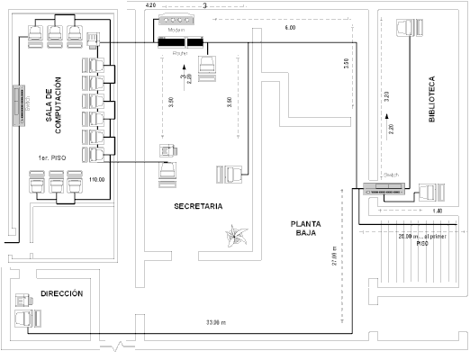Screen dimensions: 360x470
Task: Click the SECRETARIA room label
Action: (x=198, y=206)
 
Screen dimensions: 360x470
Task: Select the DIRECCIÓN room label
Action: (x=62, y=294)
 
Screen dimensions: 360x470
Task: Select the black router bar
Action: (x=178, y=41)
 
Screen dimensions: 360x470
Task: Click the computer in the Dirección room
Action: (x=22, y=310)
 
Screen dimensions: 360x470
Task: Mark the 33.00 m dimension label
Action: (x=216, y=322)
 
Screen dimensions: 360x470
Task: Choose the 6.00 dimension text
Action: (x=290, y=29)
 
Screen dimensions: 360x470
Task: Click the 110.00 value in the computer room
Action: (x=98, y=180)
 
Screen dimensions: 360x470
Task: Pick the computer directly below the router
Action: (x=208, y=67)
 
